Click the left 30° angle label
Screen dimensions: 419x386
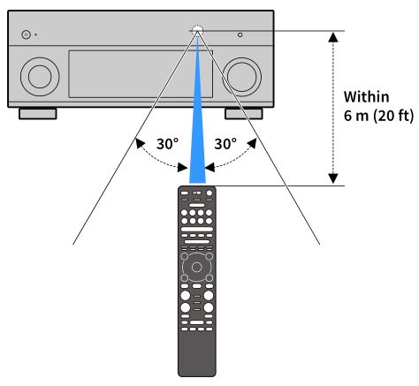[167, 144]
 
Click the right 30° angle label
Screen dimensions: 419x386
[225, 144]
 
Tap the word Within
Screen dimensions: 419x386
[366, 97]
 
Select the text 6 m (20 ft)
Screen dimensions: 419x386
[378, 116]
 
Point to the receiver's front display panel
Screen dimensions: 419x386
[141, 74]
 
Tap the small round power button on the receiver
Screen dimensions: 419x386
[26, 34]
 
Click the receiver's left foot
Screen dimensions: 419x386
[38, 114]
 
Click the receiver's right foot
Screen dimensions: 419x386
[244, 114]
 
